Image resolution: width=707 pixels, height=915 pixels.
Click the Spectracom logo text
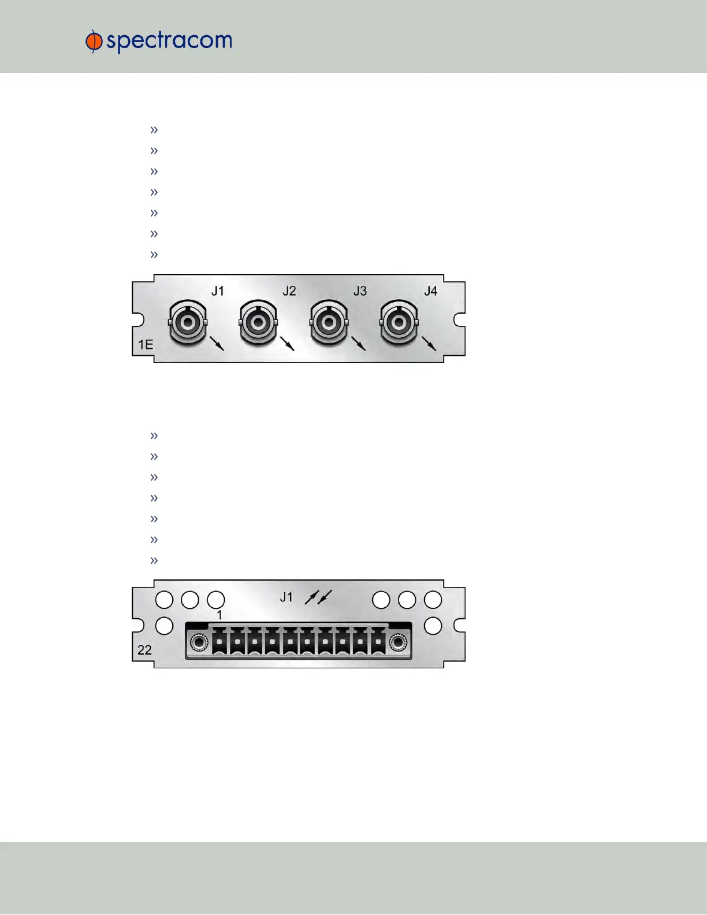click(x=169, y=42)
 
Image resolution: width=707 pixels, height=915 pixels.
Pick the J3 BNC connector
click(x=329, y=322)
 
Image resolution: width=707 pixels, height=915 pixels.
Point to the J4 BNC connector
click(x=399, y=322)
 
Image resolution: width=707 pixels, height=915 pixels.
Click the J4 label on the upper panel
click(x=430, y=291)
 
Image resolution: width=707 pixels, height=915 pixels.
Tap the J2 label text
click(x=289, y=291)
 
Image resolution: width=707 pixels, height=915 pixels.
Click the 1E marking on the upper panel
click(x=146, y=345)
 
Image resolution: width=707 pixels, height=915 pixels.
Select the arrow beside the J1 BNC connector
click(x=217, y=344)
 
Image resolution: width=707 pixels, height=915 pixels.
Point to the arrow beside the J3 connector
click(x=359, y=344)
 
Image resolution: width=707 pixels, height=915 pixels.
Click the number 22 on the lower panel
click(x=144, y=650)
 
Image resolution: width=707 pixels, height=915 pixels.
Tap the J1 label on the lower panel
click(x=286, y=597)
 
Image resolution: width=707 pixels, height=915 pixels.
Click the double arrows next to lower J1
click(x=318, y=597)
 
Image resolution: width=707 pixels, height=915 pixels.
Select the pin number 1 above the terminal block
click(x=219, y=616)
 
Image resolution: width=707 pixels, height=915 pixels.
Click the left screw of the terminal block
click(x=199, y=642)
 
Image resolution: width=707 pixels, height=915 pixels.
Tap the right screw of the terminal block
click(x=398, y=642)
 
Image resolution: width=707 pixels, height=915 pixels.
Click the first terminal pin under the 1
click(x=220, y=641)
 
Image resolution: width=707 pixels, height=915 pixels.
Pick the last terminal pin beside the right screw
click(x=378, y=641)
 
